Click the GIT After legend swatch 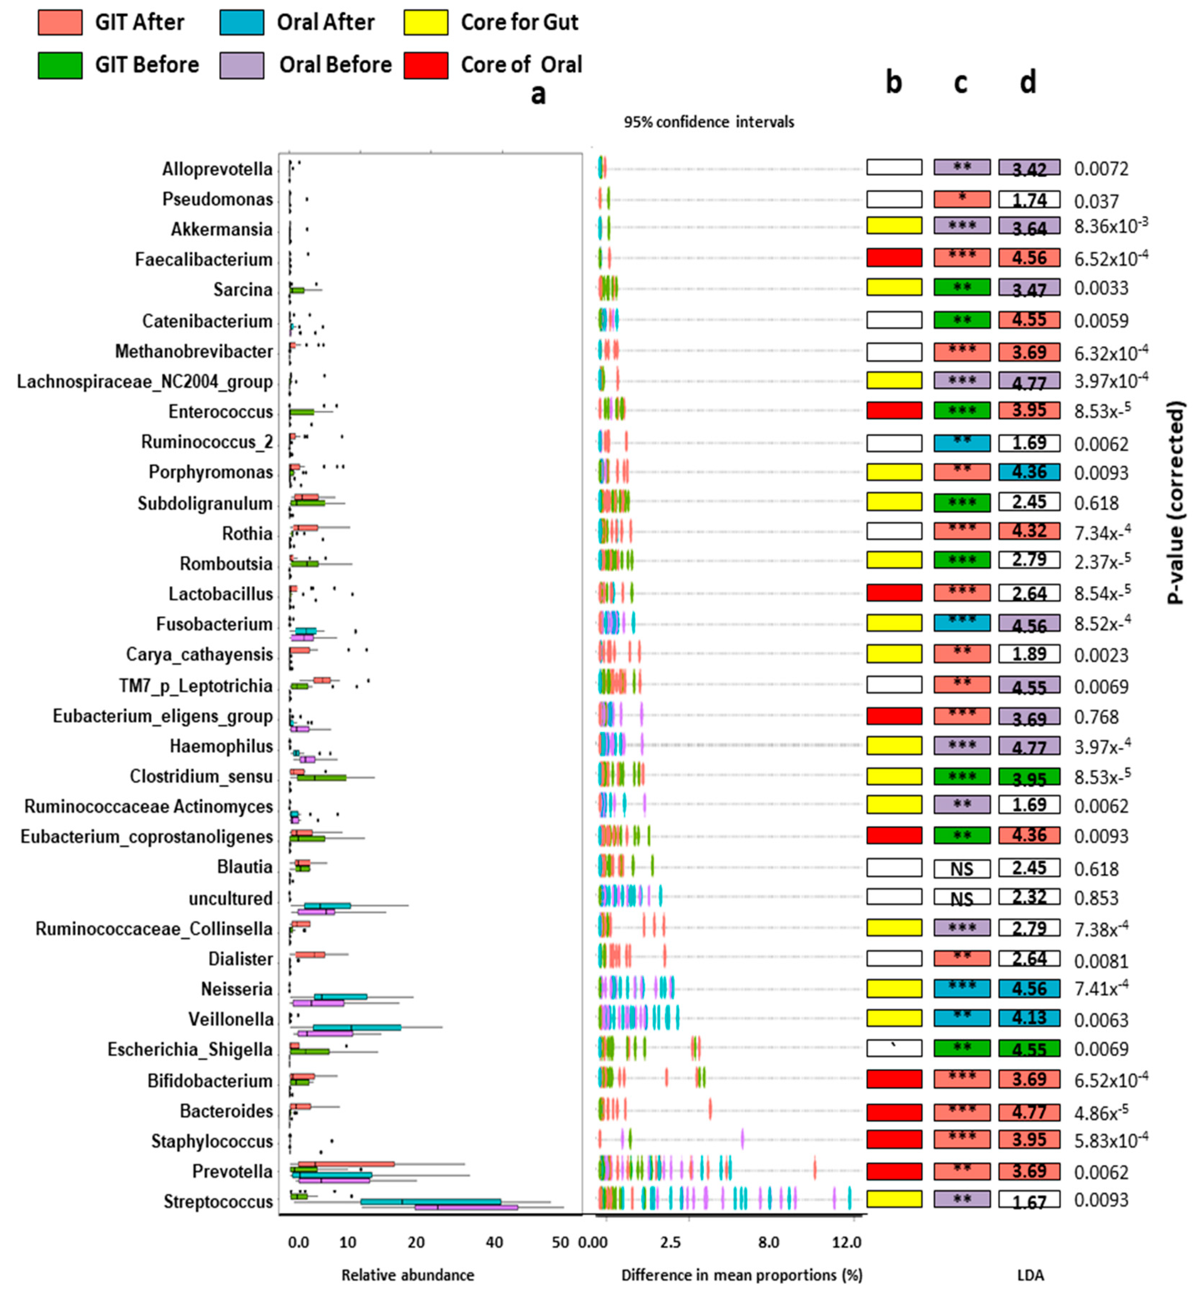[x=60, y=22]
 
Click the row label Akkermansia [x=221, y=229]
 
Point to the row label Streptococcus [x=218, y=1201]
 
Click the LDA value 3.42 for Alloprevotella [x=1029, y=169]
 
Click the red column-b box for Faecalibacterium [x=894, y=257]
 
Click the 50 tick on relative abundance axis [x=560, y=1242]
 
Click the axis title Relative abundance [x=408, y=1275]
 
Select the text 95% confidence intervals [x=709, y=122]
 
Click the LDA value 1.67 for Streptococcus [x=1029, y=1201]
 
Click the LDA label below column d [x=1030, y=1275]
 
